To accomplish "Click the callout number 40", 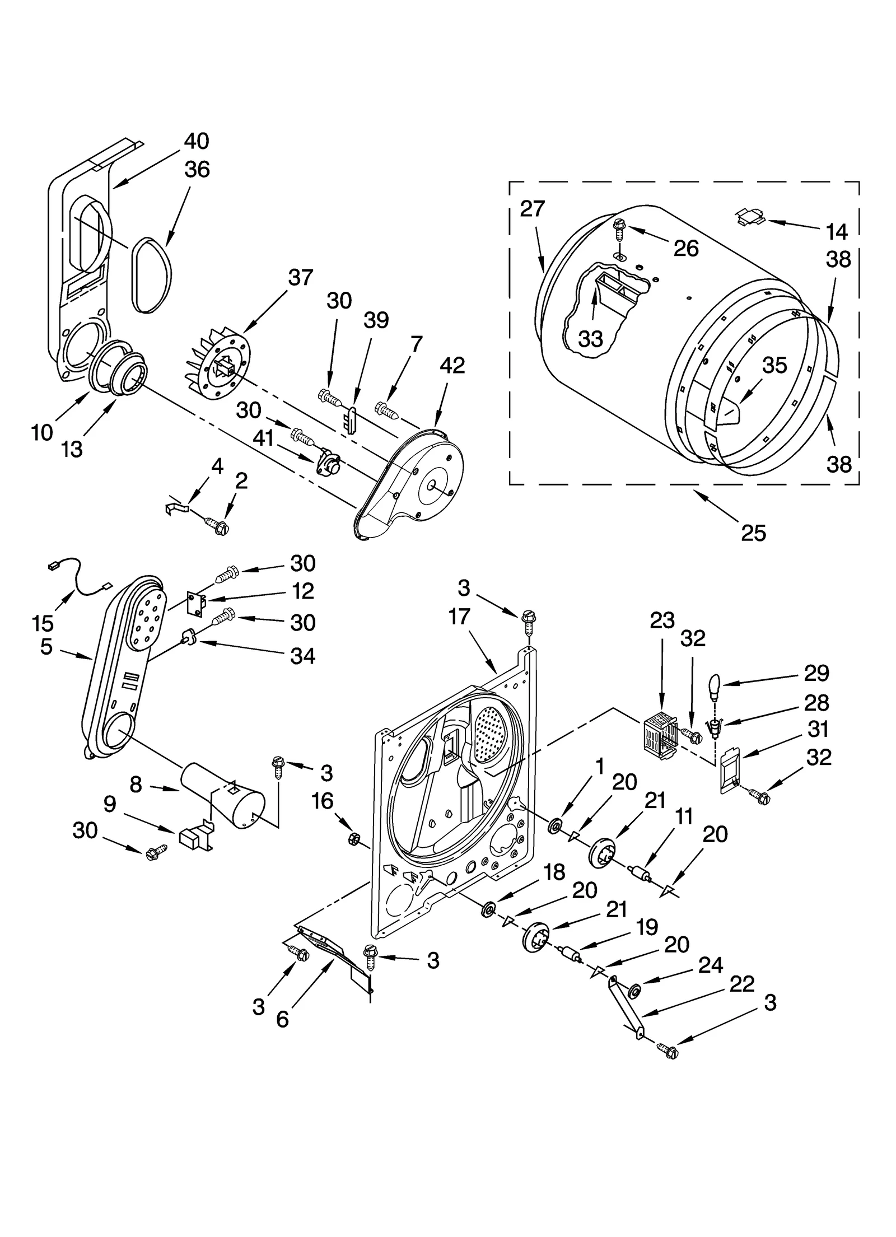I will pyautogui.click(x=197, y=141).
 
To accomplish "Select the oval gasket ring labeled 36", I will pyautogui.click(x=152, y=274).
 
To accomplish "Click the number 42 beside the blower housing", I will pyautogui.click(x=452, y=366).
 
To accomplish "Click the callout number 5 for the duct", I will pyautogui.click(x=46, y=647).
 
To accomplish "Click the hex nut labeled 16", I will pyautogui.click(x=354, y=838).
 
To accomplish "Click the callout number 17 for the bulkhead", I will pyautogui.click(x=459, y=617).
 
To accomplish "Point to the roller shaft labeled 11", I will pyautogui.click(x=639, y=874).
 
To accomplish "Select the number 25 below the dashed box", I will pyautogui.click(x=753, y=533).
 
